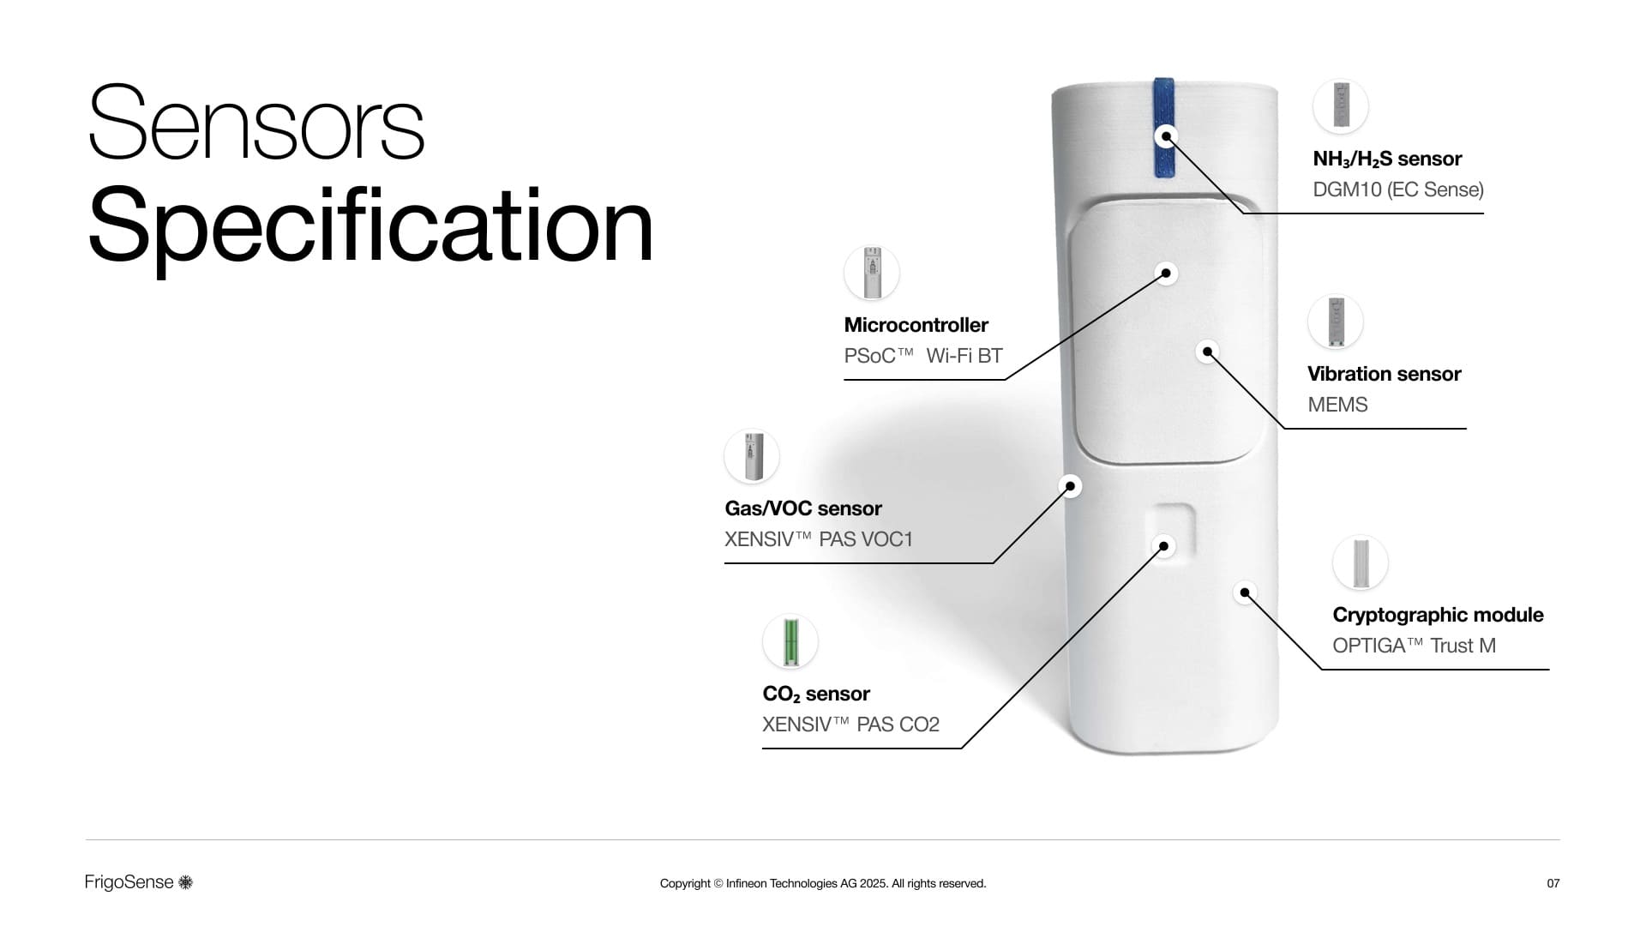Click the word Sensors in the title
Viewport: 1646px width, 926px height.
[256, 123]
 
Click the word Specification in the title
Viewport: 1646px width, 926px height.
[370, 227]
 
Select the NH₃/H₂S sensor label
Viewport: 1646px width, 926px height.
[1387, 159]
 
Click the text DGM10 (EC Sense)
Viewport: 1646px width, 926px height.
[1398, 189]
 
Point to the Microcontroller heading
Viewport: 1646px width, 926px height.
[916, 325]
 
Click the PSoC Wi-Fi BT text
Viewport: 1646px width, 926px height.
[923, 356]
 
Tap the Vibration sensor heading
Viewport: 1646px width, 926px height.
[1384, 374]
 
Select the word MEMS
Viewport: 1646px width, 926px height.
[1337, 405]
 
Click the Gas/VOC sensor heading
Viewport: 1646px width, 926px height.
[803, 508]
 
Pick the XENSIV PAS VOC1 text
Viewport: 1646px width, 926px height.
[819, 539]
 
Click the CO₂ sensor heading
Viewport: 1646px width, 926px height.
[816, 694]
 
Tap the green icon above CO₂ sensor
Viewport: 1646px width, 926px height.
[790, 641]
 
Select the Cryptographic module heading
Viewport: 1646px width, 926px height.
[1438, 615]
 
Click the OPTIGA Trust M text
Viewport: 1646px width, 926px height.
[1414, 646]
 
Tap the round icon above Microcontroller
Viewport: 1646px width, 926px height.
[871, 273]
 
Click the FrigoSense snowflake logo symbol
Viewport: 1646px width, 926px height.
[185, 882]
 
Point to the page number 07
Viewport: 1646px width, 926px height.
[1553, 883]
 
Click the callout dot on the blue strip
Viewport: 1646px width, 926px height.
[1166, 136]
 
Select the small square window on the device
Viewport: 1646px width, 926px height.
[1170, 531]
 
